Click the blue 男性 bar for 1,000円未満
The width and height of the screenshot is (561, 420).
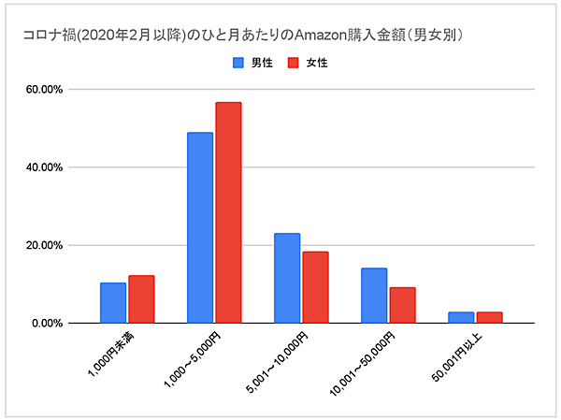pyautogui.click(x=113, y=303)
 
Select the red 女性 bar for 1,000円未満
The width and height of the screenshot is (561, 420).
pyautogui.click(x=141, y=299)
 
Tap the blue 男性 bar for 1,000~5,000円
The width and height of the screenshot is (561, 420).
pyautogui.click(x=200, y=228)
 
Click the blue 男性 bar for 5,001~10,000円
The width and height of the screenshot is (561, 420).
pyautogui.click(x=287, y=278)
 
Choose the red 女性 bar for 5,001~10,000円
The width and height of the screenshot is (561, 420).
pyautogui.click(x=315, y=287)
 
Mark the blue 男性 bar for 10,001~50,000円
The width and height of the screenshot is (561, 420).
pyautogui.click(x=374, y=296)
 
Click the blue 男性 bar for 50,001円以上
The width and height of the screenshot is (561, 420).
pyautogui.click(x=461, y=317)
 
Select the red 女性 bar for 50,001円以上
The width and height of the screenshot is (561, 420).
pyautogui.click(x=489, y=317)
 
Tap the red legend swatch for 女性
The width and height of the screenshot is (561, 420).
pyautogui.click(x=292, y=64)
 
